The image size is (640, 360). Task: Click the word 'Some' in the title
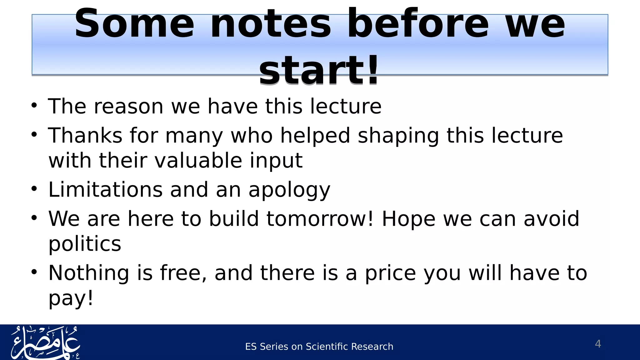[134, 24]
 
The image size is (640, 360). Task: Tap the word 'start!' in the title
[319, 70]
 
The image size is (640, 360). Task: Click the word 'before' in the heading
[418, 24]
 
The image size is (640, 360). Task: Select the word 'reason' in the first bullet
[129, 107]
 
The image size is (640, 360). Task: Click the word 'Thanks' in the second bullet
[85, 136]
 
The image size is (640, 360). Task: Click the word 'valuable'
[198, 161]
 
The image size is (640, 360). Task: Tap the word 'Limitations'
[105, 190]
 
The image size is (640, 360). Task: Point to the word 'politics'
[85, 244]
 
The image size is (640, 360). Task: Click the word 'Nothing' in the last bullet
[89, 273]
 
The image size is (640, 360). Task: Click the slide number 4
[598, 344]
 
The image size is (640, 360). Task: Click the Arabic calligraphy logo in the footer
[46, 342]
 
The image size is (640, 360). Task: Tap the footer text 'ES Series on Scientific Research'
[319, 347]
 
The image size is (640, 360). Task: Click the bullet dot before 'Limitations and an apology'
[34, 189]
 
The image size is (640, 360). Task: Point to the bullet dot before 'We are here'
[34, 218]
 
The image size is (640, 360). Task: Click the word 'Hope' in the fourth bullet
[408, 219]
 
